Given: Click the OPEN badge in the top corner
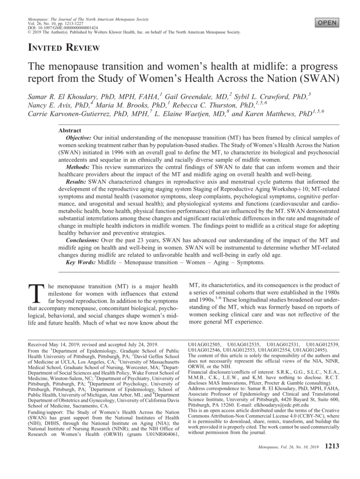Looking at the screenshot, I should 327,22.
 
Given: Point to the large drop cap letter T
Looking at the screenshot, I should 37,295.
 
